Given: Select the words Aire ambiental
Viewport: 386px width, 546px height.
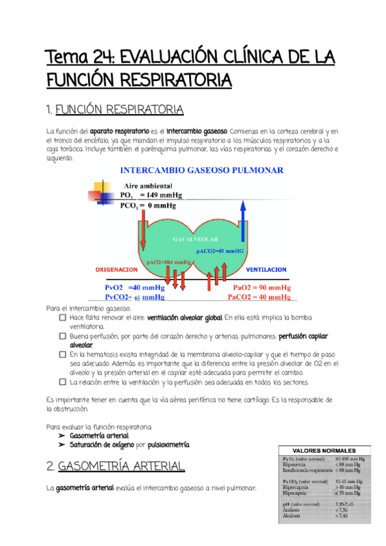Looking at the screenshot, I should point(147,185).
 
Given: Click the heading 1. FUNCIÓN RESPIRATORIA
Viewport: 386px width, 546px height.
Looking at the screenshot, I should point(116,109).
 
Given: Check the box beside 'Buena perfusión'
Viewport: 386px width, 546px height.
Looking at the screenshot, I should point(62,336).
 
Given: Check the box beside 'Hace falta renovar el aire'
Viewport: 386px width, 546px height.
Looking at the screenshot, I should point(62,318).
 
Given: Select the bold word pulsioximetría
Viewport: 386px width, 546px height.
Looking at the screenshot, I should point(168,445).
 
